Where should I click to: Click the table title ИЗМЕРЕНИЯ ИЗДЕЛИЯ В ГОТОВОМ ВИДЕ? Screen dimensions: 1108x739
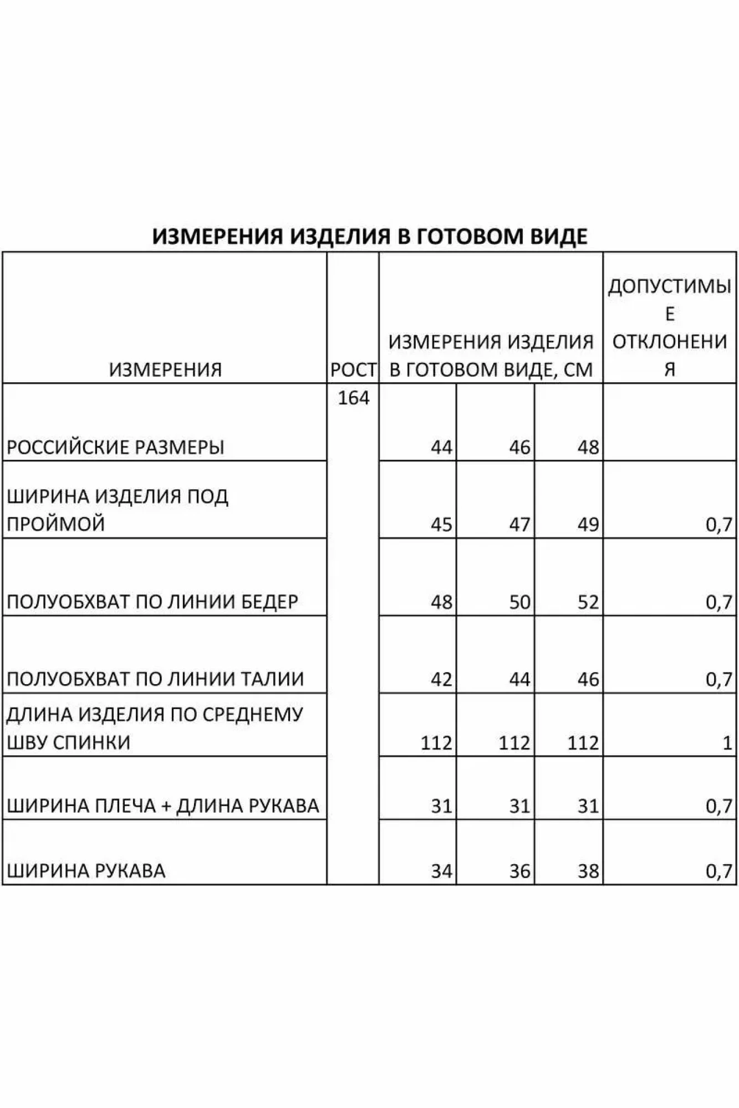click(x=369, y=236)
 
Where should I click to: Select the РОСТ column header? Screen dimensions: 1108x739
click(x=353, y=370)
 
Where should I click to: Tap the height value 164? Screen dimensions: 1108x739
click(x=353, y=398)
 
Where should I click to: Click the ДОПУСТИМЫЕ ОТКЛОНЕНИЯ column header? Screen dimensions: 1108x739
click(x=670, y=327)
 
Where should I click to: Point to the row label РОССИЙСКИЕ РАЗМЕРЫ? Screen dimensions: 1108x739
click(x=115, y=447)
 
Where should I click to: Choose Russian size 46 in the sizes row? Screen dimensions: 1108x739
click(x=519, y=447)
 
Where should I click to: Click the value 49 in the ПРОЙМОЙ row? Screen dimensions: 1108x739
click(x=588, y=524)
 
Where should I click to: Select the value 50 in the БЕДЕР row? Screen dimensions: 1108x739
click(x=519, y=602)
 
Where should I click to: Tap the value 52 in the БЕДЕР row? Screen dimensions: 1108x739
click(x=588, y=602)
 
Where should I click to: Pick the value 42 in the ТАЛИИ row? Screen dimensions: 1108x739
click(x=441, y=679)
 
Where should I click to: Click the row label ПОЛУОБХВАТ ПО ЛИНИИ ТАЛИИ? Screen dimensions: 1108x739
click(x=155, y=679)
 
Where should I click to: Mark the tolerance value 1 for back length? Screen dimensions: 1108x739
click(x=727, y=742)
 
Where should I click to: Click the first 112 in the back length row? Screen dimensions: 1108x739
click(x=436, y=742)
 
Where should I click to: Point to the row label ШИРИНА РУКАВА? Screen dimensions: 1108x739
click(x=86, y=871)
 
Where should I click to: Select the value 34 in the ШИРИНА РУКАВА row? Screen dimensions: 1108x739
click(x=441, y=871)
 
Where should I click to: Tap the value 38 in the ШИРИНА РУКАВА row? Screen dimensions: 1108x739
click(x=588, y=871)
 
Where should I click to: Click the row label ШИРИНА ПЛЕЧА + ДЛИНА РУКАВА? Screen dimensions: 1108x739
click(x=163, y=806)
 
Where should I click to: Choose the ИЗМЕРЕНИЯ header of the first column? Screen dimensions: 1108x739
click(x=165, y=370)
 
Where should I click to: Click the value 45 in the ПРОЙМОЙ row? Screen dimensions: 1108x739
click(x=441, y=524)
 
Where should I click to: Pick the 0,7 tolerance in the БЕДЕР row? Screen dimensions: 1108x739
click(x=719, y=602)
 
